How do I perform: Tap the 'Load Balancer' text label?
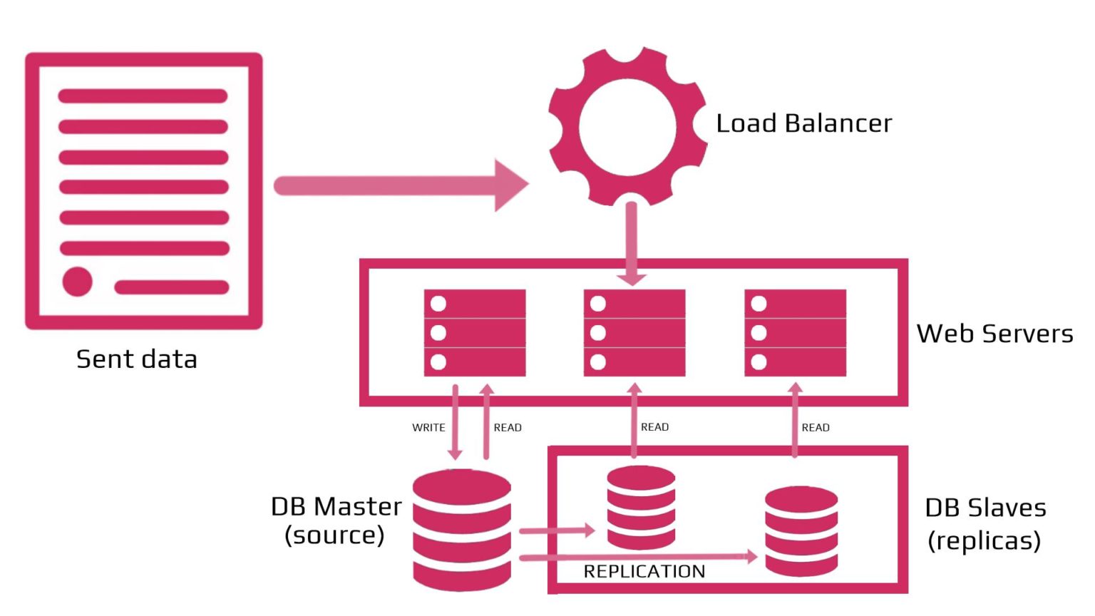coord(803,123)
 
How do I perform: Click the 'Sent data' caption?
coord(136,359)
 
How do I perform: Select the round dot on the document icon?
coord(77,282)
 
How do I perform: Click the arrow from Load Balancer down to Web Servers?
coord(631,242)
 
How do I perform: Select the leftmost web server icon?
coord(475,333)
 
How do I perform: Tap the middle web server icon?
coord(634,333)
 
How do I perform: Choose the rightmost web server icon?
coord(795,333)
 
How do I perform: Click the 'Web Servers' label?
coord(994,334)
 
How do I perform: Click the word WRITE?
coord(428,428)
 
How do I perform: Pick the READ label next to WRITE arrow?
coord(508,428)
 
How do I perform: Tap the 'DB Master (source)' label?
coord(336,520)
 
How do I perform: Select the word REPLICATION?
coord(644,572)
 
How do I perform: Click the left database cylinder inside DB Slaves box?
coord(641,508)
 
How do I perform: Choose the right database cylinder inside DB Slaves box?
coord(801,531)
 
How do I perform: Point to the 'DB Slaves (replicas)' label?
coord(985,524)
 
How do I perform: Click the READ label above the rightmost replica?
coord(816,428)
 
